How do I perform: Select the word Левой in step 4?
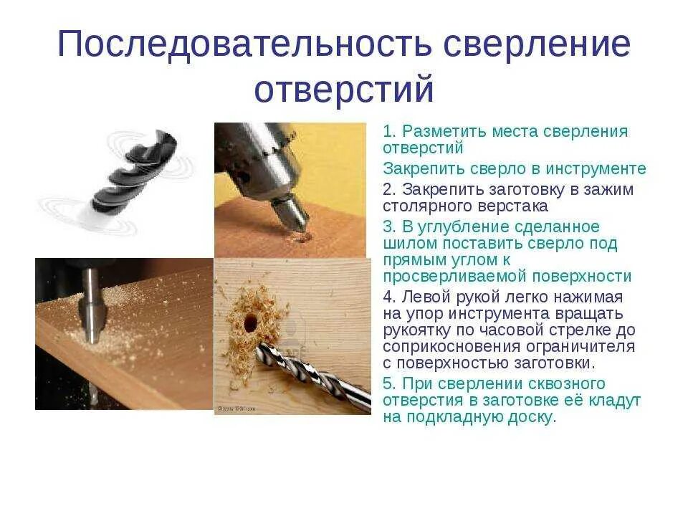427,297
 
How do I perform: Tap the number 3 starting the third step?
388,226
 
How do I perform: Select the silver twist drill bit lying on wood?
315,373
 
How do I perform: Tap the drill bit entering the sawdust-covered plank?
91,309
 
